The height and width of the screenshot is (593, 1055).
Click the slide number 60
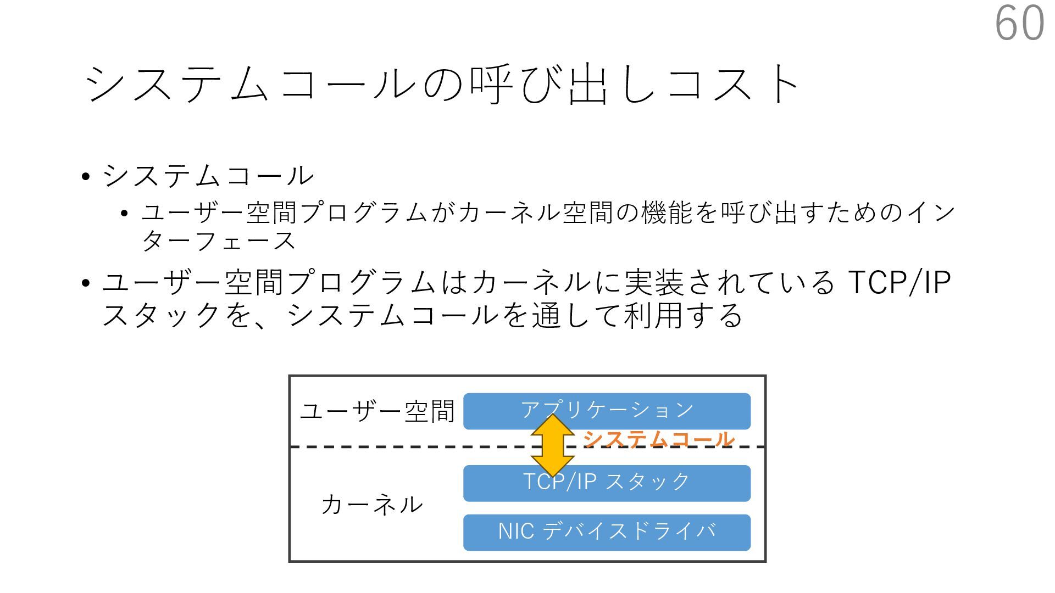[1020, 23]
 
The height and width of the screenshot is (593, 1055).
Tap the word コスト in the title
[734, 85]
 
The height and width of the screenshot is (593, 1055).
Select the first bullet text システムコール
[208, 176]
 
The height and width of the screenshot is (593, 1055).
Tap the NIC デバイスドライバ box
[607, 532]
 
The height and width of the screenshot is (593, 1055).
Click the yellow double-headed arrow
[552, 445]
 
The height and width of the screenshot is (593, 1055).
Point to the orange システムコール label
[658, 439]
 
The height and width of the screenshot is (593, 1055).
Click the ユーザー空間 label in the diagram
[377, 411]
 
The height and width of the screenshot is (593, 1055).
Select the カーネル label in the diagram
[371, 504]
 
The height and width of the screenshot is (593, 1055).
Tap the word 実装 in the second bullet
[654, 282]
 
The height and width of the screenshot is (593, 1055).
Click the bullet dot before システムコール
[85, 177]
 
